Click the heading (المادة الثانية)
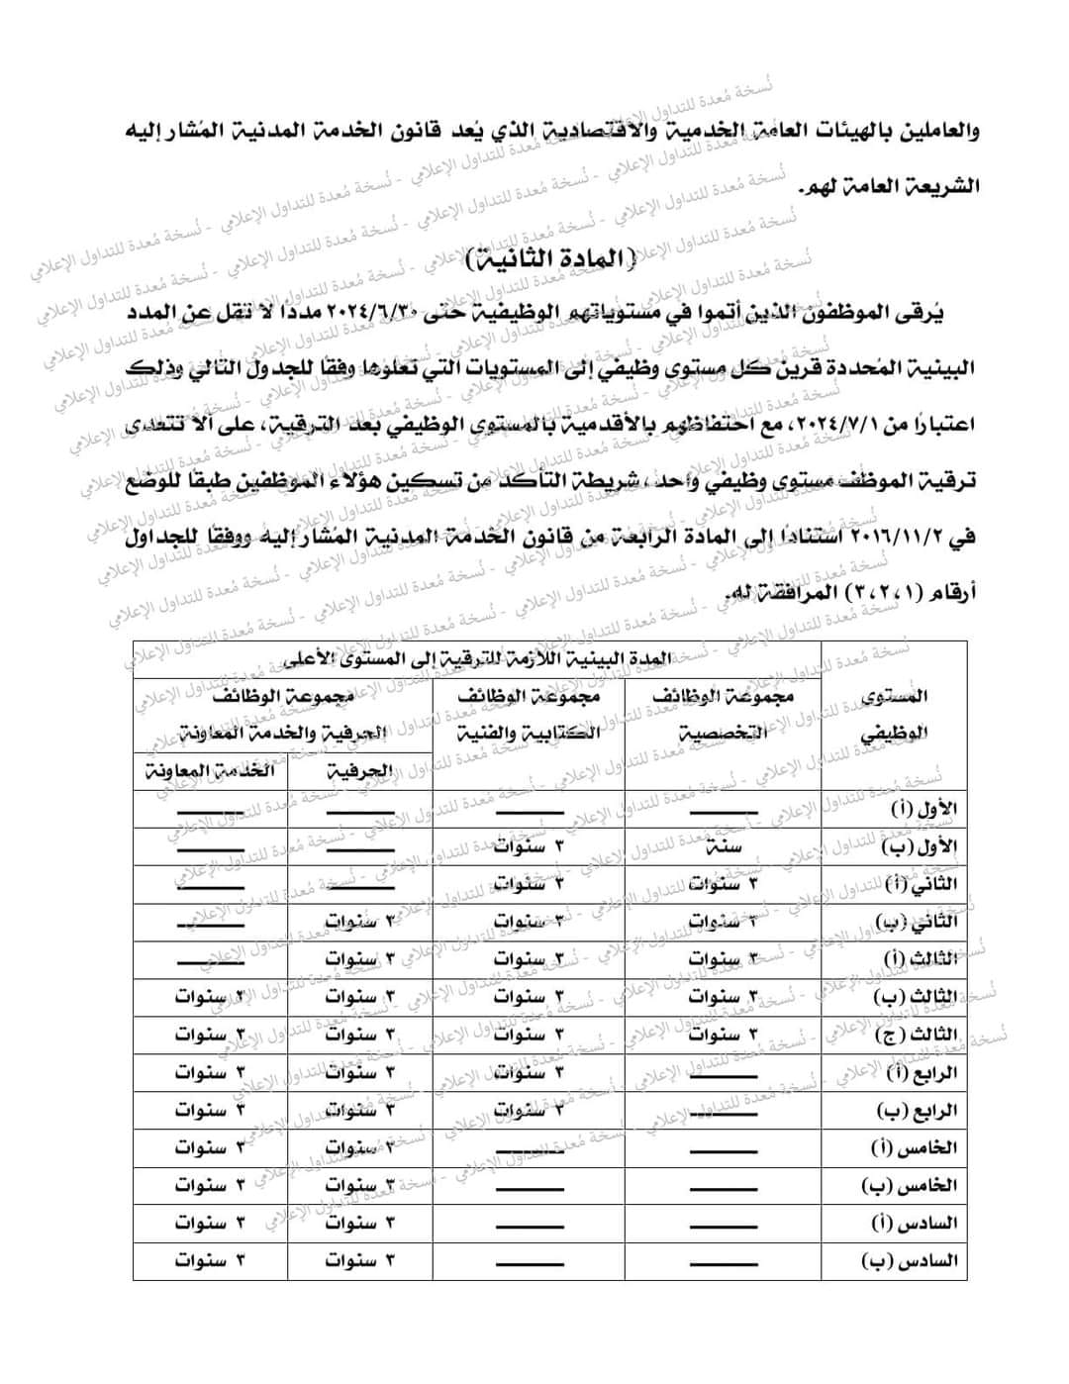coord(552,260)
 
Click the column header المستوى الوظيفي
coord(894,714)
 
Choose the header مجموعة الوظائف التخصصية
coord(724,714)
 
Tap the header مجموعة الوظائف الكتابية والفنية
coord(529,714)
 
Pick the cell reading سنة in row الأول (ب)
coord(724,846)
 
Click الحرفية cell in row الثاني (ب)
coord(360,922)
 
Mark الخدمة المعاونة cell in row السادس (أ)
coord(210,1223)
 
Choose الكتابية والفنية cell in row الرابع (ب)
coord(529,1110)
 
